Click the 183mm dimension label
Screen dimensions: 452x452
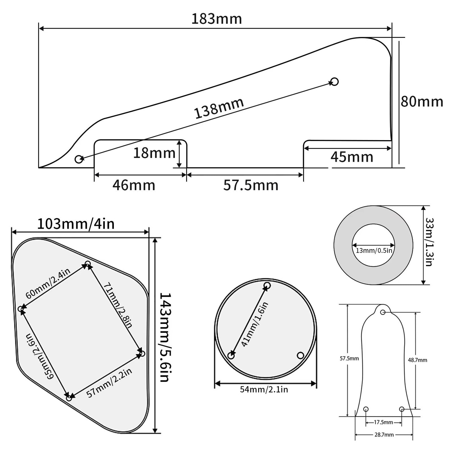tap(216, 19)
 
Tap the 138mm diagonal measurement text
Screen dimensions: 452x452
tap(219, 108)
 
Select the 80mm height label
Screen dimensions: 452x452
tap(422, 102)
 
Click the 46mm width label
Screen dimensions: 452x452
tap(134, 185)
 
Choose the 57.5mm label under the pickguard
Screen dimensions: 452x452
tap(251, 185)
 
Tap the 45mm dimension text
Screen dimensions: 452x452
tap(352, 157)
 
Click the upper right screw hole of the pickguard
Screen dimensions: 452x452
tap(334, 82)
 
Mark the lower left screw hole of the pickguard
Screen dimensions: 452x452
tap(79, 159)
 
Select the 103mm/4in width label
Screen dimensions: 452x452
tap(76, 224)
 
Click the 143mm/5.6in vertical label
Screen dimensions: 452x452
tap(164, 337)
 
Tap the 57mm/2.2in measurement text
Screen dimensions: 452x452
tap(109, 382)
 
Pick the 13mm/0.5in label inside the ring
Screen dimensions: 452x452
tap(374, 250)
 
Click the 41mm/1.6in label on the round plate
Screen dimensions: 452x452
tap(255, 324)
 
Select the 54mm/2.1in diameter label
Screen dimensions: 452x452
tap(264, 389)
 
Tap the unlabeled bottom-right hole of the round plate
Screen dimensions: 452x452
tap(300, 355)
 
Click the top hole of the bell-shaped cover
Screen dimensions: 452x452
tap(383, 312)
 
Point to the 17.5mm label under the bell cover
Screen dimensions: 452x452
tap(383, 422)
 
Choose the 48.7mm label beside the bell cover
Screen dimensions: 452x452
tap(417, 360)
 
